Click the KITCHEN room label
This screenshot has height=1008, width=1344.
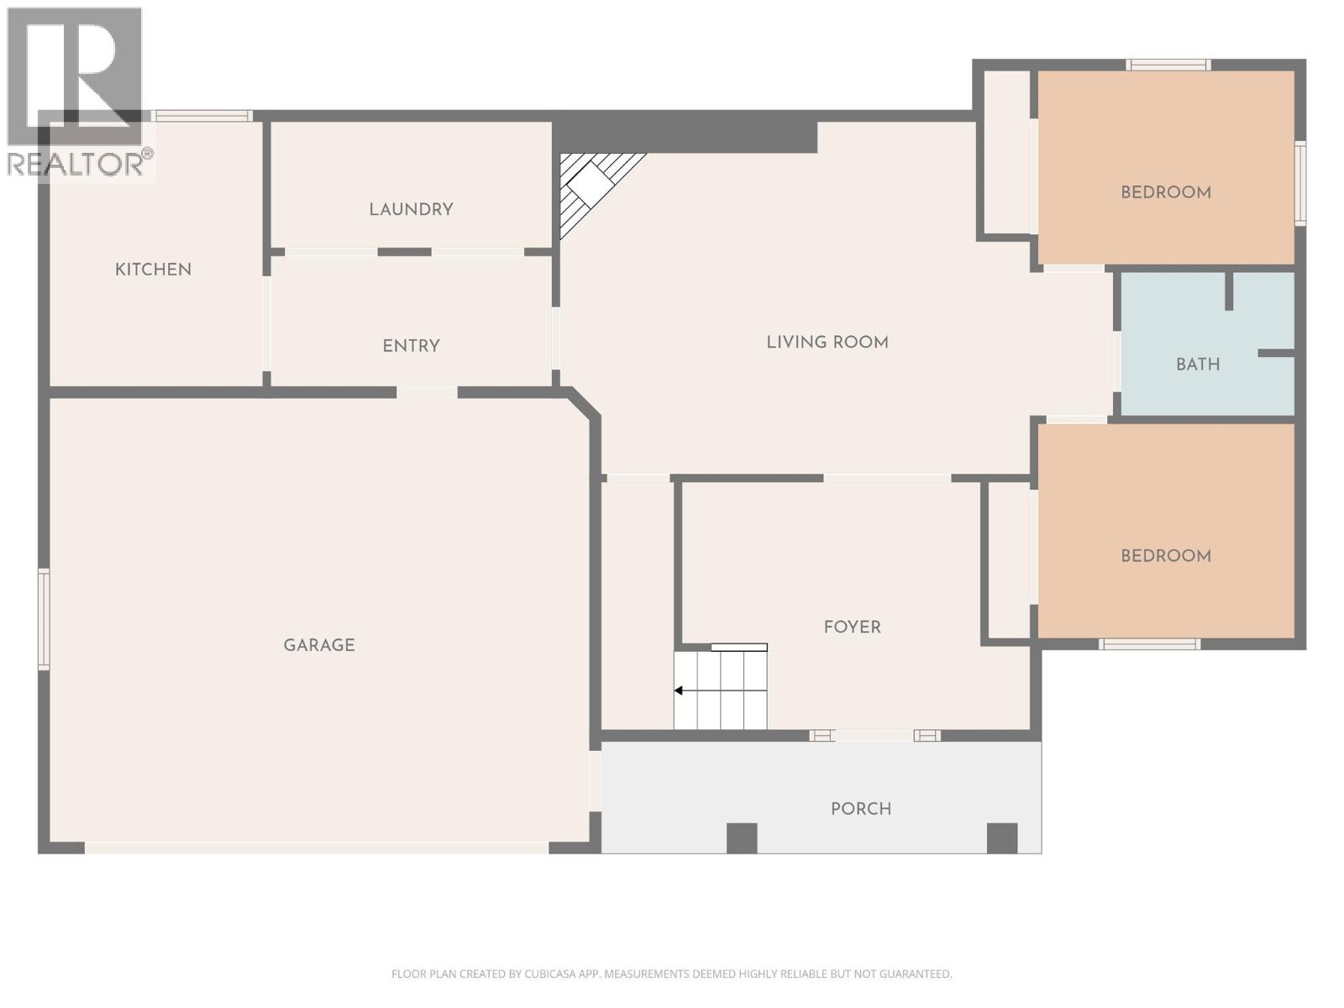153,270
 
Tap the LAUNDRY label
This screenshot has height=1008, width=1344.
411,209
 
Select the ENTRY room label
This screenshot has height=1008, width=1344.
411,346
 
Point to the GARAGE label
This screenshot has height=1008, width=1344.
318,645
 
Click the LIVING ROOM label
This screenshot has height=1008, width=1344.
827,342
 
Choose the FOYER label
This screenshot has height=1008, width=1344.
852,627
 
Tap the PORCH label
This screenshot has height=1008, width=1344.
860,809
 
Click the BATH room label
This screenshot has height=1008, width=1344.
1197,365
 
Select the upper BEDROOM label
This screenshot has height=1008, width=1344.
1165,192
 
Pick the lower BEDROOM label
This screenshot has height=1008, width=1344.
1165,556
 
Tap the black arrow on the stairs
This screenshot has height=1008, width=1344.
679,690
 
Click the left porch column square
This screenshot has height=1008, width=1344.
741,837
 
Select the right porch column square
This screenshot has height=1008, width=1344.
1001,837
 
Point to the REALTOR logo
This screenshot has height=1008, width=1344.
76,92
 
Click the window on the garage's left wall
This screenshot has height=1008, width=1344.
44,619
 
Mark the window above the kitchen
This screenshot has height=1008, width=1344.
202,116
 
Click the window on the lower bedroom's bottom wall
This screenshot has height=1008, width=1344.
1149,644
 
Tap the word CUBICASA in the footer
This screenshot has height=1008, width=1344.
551,974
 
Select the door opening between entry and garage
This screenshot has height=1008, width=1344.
427,392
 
